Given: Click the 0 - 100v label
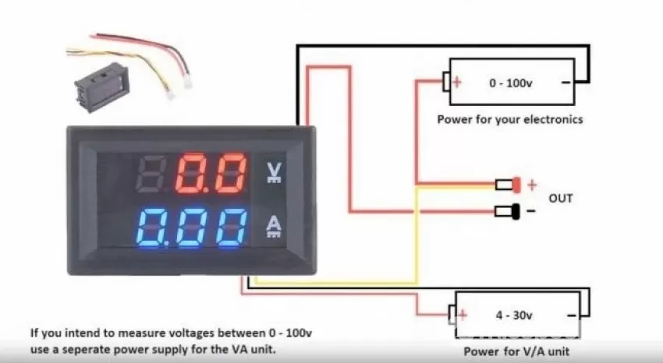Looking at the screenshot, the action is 511,83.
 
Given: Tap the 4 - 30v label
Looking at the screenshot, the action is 514,315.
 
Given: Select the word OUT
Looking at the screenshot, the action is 561,198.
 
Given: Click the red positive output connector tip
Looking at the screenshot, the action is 516,185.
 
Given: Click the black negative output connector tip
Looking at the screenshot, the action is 516,211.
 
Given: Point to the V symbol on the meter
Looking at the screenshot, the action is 275,172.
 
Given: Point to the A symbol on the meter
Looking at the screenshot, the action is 275,227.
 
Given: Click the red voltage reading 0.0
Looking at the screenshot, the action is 211,172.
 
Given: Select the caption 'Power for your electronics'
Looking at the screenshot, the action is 510,119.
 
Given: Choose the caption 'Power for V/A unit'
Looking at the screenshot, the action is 516,351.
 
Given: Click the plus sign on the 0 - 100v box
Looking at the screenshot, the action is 456,82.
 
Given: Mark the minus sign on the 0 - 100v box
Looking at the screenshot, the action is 565,83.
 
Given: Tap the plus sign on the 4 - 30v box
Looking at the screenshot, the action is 463,315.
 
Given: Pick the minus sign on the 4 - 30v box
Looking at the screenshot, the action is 571,315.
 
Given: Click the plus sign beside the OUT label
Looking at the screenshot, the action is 532,185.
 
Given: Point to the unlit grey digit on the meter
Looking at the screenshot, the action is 151,172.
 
